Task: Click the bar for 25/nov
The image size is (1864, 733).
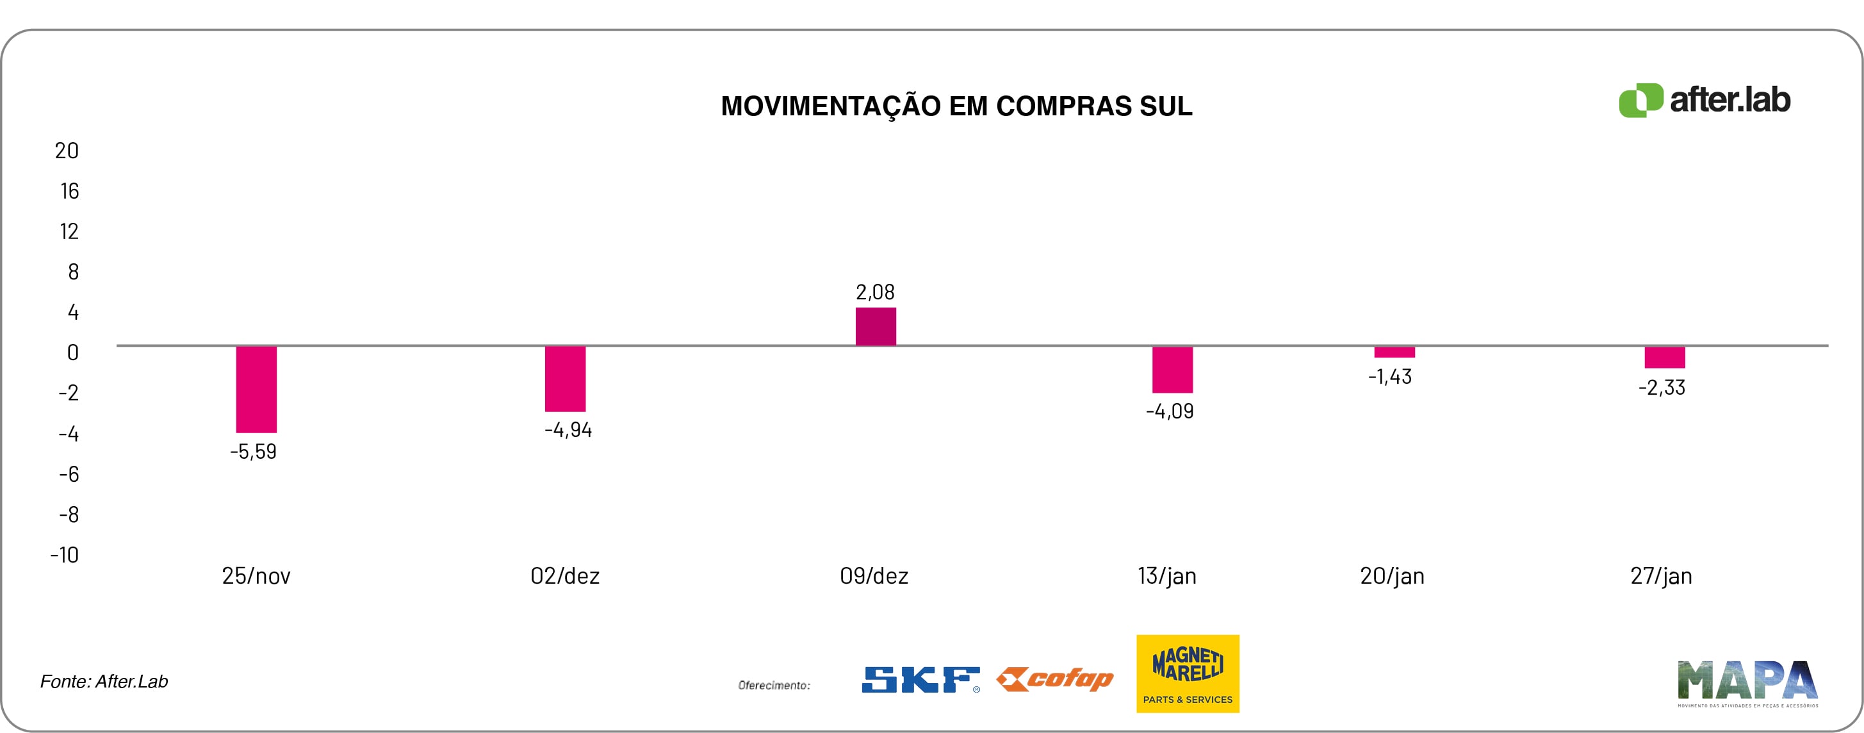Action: (x=256, y=390)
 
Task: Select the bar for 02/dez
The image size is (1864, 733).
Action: (x=565, y=379)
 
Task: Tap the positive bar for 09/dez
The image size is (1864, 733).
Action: (x=876, y=326)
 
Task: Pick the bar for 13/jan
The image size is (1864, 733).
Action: (x=1172, y=370)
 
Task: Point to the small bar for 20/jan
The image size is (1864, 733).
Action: (x=1394, y=352)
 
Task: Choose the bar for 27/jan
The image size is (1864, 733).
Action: (x=1664, y=358)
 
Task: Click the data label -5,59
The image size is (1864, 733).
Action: (x=253, y=452)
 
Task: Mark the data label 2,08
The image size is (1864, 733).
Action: (x=875, y=292)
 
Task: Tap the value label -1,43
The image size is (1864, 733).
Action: (x=1389, y=376)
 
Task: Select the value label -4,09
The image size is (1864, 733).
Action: (x=1170, y=411)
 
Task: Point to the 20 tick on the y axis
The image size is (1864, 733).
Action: (x=67, y=151)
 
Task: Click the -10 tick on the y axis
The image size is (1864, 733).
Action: (x=65, y=555)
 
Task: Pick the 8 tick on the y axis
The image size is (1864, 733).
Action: (x=73, y=272)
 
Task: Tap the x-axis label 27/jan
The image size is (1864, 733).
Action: (x=1661, y=576)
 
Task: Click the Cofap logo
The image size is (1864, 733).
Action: (x=1055, y=679)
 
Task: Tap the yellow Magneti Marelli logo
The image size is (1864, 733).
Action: (x=1188, y=673)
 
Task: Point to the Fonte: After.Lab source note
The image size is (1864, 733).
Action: (x=104, y=682)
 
